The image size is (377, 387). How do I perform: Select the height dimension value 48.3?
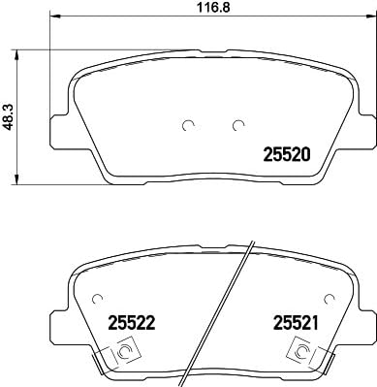click(x=10, y=117)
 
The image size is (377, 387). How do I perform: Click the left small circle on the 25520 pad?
click(x=189, y=124)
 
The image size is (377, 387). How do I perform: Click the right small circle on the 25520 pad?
click(x=237, y=124)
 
